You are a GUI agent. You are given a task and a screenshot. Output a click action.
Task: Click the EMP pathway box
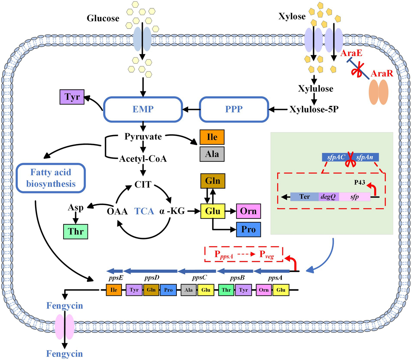point(143,109)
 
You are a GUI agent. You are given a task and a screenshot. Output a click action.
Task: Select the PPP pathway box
point(234,109)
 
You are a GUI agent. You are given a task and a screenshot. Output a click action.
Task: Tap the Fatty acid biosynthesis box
point(51,178)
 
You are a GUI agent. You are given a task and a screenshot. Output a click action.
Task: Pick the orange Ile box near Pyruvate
point(212,137)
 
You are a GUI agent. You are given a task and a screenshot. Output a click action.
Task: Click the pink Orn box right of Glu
point(248,211)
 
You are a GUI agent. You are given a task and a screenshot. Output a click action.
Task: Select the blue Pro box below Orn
point(248,229)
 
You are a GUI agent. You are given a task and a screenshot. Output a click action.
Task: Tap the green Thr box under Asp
point(76,231)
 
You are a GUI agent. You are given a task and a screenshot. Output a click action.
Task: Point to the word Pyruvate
point(143,136)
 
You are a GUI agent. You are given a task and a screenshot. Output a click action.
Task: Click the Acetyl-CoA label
point(143,158)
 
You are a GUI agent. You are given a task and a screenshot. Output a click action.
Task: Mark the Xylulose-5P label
point(314,109)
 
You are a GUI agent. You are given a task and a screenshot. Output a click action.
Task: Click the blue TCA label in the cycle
point(144,211)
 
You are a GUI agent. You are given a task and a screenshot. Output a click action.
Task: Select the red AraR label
point(382,73)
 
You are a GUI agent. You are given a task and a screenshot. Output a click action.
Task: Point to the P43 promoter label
point(359,182)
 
